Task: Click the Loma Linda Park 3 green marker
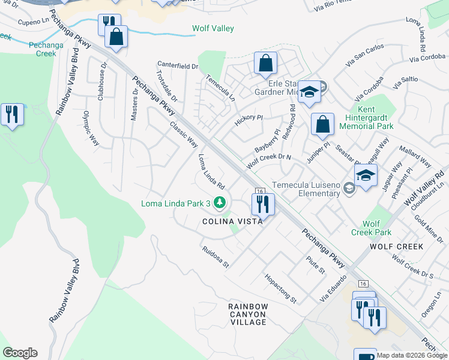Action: tap(220, 203)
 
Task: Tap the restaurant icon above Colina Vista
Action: tap(262, 205)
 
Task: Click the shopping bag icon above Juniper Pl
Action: tap(322, 125)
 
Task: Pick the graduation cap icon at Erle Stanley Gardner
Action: tap(309, 92)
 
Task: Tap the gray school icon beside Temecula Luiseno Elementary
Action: tap(348, 189)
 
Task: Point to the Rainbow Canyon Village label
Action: tap(247, 314)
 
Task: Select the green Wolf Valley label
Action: tap(212, 28)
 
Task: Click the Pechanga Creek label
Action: tap(37, 49)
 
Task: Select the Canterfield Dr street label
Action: tap(178, 65)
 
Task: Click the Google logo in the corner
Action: tap(20, 353)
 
